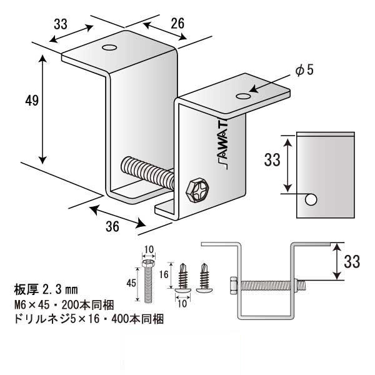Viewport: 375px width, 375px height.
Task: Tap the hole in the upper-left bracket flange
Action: pyautogui.click(x=110, y=48)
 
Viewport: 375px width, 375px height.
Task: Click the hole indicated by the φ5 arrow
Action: pyautogui.click(x=243, y=96)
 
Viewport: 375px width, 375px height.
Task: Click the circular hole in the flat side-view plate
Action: pyautogui.click(x=311, y=200)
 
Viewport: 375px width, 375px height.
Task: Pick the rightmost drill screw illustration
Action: pyautogui.click(x=203, y=279)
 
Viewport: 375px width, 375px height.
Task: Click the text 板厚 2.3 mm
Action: pyautogui.click(x=45, y=289)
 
